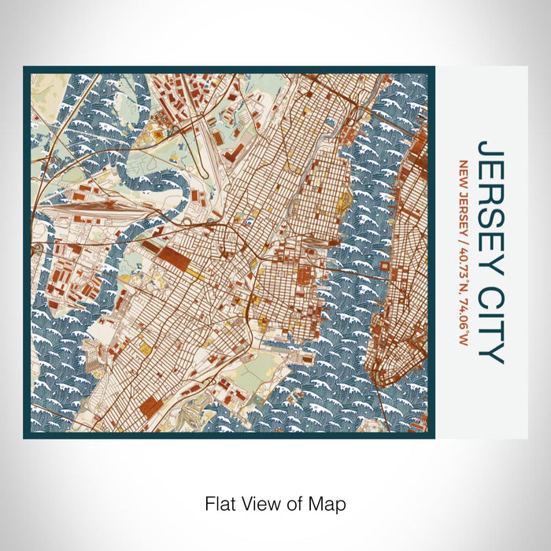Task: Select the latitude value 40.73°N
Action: point(464,266)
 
